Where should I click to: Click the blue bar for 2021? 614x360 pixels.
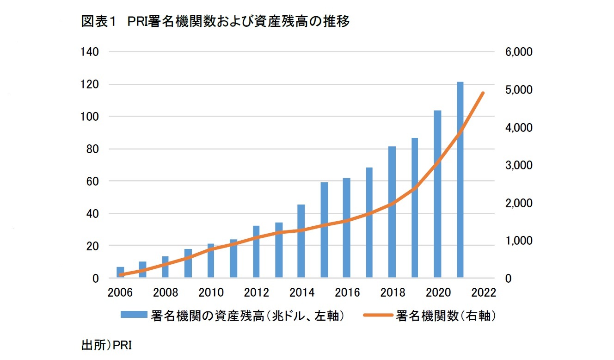460,180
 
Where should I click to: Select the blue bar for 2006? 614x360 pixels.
120,273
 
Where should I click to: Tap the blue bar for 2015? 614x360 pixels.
324,230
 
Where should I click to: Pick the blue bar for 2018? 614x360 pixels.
392,212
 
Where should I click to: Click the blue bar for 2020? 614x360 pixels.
437,194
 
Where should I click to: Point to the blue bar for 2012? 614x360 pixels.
256,252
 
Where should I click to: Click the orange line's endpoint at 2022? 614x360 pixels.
483,93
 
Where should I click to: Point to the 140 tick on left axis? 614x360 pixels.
90,52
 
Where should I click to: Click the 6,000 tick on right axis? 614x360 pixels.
520,52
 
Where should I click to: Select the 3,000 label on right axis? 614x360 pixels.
520,166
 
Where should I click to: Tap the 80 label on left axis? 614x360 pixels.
93,149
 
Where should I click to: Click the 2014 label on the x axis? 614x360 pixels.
301,293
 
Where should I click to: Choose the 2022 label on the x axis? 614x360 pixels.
483,293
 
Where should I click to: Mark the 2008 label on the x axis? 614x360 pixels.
166,293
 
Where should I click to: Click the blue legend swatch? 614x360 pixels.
134,316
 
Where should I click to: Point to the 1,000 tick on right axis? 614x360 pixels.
520,241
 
